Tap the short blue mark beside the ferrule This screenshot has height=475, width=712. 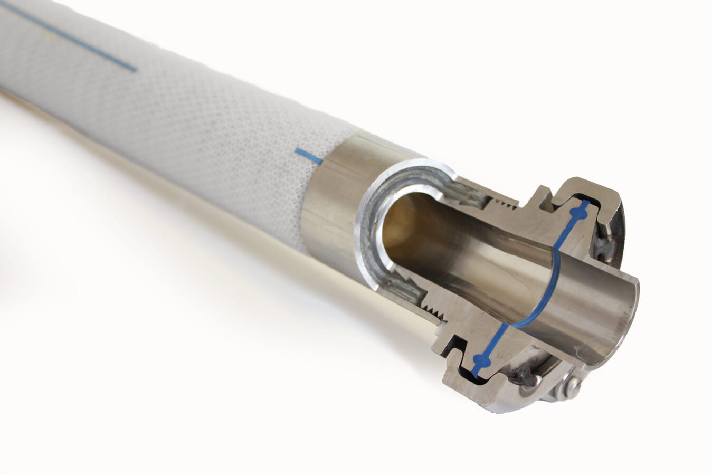tap(309, 156)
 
